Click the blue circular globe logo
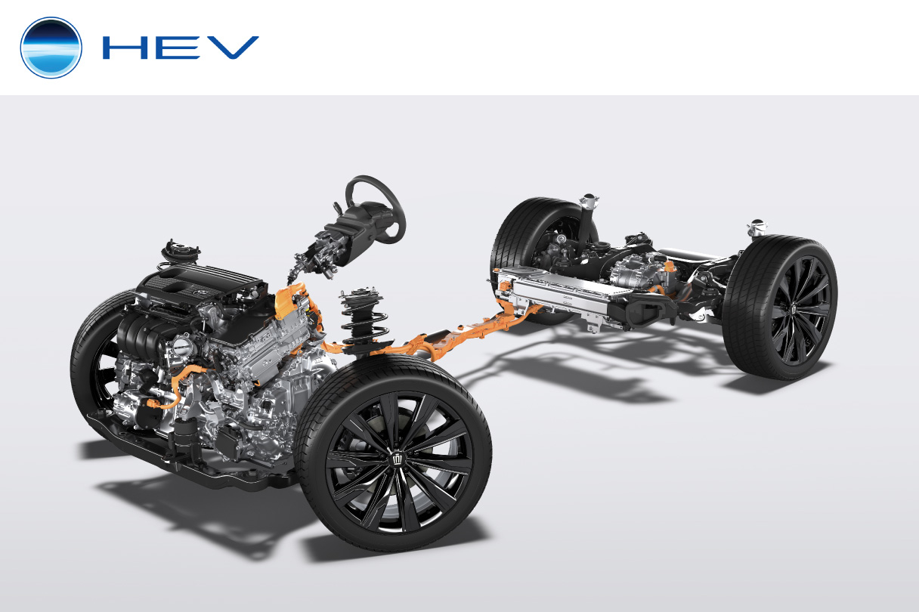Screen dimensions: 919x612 (x=51, y=48)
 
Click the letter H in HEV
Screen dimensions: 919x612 (x=125, y=48)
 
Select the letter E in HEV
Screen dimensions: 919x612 (x=178, y=48)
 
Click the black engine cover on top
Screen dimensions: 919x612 (x=201, y=283)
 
